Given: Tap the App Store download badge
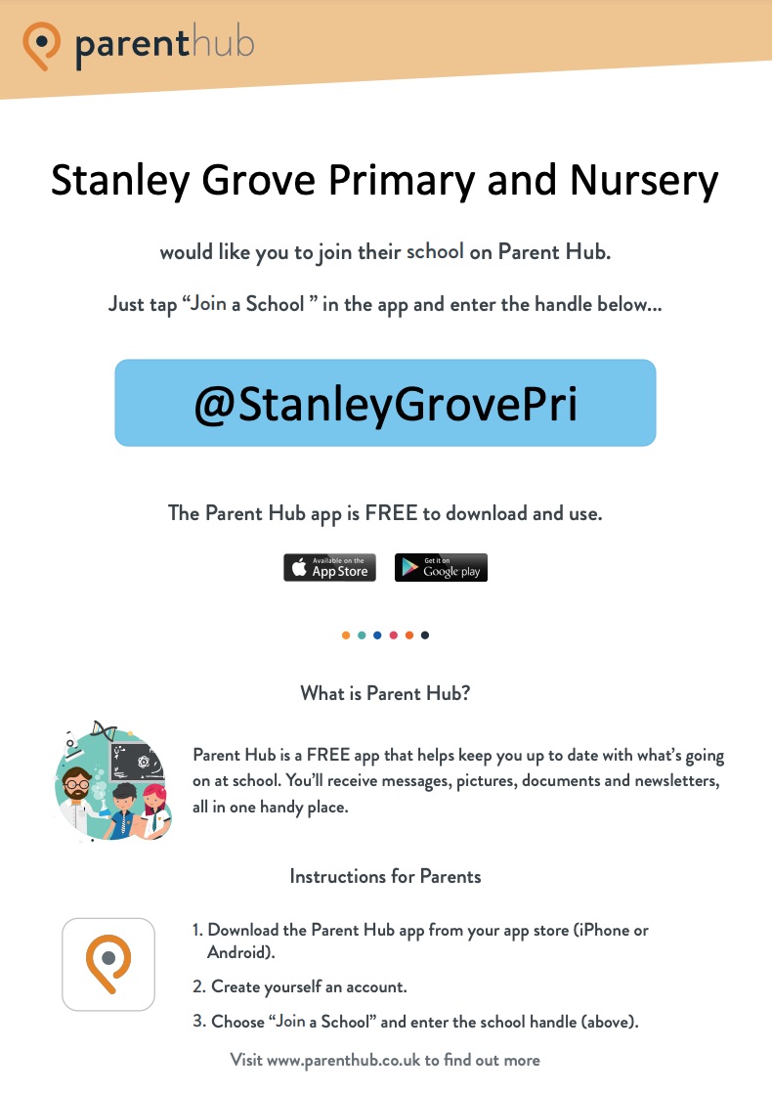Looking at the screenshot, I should coord(329,568).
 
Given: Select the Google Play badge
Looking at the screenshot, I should coord(441,568).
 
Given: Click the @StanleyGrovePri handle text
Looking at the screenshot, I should coord(385,404).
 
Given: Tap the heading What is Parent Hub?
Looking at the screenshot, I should coord(385,694).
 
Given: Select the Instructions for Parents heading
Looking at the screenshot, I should coord(385,876).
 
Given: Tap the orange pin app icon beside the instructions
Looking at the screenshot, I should coord(108,963).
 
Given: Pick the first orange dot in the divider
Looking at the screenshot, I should coord(346,635).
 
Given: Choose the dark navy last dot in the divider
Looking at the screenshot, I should coord(425,635).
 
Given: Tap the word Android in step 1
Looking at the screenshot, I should coord(236,952).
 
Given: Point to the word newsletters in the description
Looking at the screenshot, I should coord(672,783).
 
